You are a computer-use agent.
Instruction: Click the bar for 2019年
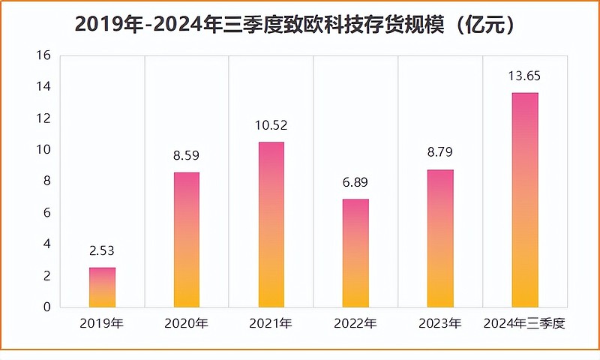point(102,287)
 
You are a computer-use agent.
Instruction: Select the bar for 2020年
point(187,240)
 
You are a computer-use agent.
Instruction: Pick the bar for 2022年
point(355,253)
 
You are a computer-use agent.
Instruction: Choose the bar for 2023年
point(440,238)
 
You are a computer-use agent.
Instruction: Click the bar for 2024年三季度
point(525,200)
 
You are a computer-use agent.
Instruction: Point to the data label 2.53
point(102,251)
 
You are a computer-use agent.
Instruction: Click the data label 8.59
point(187,157)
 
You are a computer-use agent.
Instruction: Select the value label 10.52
point(271,126)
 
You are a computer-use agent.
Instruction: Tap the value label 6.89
point(355,183)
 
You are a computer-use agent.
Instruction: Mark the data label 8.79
point(440,154)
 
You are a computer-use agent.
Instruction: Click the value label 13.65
point(525,76)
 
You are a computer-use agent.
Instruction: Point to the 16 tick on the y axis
point(43,55)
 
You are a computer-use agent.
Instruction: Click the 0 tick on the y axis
point(46,307)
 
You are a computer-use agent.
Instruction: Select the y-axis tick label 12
point(43,118)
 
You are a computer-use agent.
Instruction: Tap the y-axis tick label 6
point(46,213)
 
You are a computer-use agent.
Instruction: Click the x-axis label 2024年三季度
point(525,324)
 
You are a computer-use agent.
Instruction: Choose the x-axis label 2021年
point(271,324)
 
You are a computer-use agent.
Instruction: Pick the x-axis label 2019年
point(102,324)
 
